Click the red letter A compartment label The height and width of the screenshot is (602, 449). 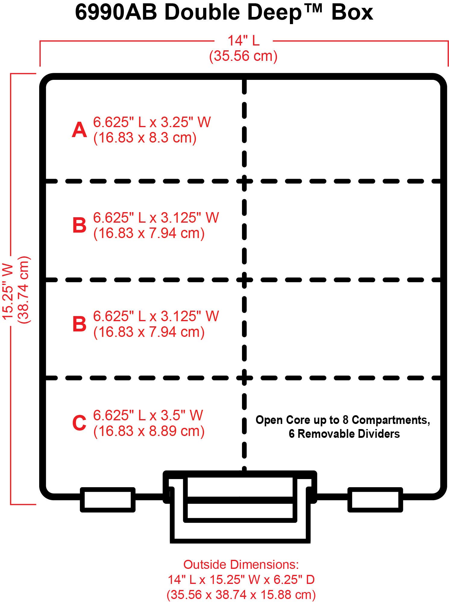(x=79, y=130)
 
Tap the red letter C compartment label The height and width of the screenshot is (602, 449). (x=79, y=423)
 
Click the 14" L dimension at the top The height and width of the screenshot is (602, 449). (x=243, y=41)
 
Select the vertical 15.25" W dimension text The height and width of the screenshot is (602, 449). (x=8, y=291)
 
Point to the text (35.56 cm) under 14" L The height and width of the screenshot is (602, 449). (x=243, y=56)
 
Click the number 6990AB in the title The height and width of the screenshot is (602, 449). (x=116, y=13)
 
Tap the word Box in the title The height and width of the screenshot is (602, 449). (x=352, y=13)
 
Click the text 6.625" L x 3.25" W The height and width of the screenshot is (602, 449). (x=152, y=122)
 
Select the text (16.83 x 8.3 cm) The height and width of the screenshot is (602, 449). (x=145, y=138)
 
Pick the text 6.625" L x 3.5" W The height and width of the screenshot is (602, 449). (x=148, y=415)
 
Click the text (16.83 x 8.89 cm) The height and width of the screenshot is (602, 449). (x=149, y=431)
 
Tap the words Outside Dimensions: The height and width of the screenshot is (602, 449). (x=241, y=565)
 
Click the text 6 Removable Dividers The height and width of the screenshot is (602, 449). (x=344, y=434)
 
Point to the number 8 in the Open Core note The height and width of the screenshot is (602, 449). (x=345, y=420)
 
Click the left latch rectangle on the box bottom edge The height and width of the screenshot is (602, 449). (x=108, y=500)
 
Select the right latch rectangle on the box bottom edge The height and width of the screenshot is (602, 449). (x=375, y=500)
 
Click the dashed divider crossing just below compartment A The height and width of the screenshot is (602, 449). (x=244, y=181)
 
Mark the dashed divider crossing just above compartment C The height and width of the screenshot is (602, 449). (x=244, y=378)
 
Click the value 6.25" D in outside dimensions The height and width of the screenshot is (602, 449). (x=294, y=579)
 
